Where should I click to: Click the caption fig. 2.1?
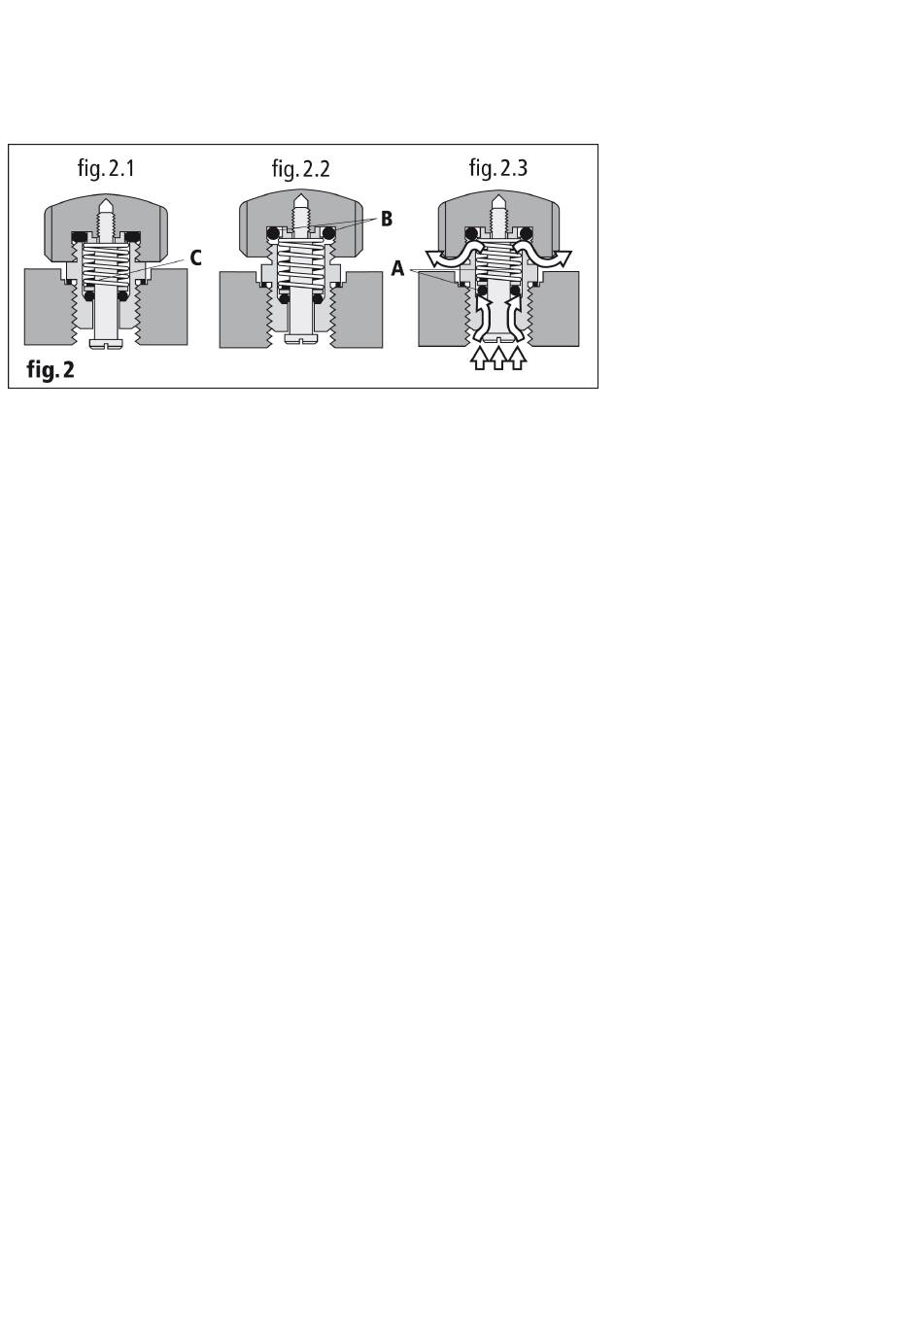(106, 168)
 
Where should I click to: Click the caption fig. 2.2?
(300, 169)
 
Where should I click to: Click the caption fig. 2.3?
(497, 168)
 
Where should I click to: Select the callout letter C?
(195, 258)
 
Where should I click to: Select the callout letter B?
(387, 220)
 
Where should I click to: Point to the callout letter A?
(397, 269)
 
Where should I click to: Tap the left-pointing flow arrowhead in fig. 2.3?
(433, 258)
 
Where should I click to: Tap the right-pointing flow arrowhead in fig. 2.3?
(563, 258)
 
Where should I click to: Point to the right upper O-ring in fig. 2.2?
(329, 233)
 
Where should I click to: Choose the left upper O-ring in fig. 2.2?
(275, 233)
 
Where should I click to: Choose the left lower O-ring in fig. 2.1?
(88, 296)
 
